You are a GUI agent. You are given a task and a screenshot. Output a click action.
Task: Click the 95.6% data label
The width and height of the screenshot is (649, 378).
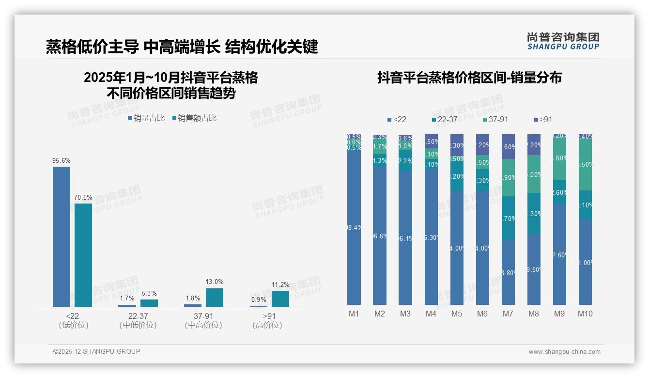click(x=62, y=160)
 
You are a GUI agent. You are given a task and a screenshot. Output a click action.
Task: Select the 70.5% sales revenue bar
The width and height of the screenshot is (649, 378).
click(x=83, y=255)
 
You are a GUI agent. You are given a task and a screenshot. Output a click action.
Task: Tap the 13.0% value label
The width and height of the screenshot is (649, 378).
click(x=215, y=282)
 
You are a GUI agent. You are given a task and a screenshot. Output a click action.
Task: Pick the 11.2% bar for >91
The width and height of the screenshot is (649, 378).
click(x=280, y=299)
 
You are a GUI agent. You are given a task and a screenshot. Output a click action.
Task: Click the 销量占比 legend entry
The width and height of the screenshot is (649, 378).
click(x=146, y=118)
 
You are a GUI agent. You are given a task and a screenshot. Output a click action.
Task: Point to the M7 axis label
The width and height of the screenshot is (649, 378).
click(x=508, y=314)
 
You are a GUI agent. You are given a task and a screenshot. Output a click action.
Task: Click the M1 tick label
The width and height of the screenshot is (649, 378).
click(x=354, y=314)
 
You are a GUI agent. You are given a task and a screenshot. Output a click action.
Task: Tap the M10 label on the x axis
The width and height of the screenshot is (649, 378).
click(x=585, y=314)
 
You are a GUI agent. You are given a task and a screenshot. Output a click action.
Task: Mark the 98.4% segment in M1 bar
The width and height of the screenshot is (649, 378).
click(x=354, y=227)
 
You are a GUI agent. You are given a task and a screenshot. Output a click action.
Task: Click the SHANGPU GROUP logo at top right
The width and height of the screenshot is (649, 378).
click(x=563, y=41)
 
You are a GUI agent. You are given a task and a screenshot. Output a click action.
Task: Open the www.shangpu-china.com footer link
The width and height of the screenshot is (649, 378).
click(x=564, y=352)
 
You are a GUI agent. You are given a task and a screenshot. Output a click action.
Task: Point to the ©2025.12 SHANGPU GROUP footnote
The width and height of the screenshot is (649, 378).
click(x=97, y=351)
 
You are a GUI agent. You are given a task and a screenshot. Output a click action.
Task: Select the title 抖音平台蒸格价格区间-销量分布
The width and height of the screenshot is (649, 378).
click(x=469, y=78)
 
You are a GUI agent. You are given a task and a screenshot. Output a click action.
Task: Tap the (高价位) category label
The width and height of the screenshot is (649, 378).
click(x=267, y=325)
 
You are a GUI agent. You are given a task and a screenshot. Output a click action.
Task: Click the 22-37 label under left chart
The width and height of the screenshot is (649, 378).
click(x=138, y=316)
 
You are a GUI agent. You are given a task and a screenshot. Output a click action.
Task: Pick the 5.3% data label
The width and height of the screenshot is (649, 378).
click(x=149, y=293)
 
